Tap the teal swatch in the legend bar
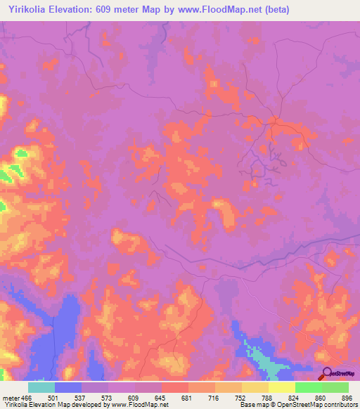(41, 387)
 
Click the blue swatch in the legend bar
(68, 387)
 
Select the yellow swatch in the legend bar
(281, 387)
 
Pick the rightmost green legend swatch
(335, 387)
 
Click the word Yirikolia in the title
(27, 10)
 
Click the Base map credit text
(252, 405)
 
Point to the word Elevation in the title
(79, 10)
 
